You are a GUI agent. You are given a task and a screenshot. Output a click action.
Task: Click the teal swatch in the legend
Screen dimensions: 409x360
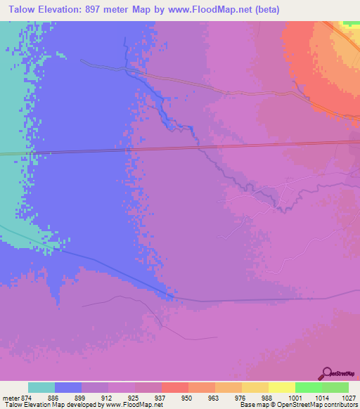pos(41,387)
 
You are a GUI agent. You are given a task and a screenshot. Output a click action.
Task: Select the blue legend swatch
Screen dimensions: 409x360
pos(68,387)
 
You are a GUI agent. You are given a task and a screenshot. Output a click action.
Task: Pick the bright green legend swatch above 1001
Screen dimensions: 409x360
pos(309,387)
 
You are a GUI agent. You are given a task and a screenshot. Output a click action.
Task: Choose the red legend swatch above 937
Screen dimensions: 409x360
pos(175,387)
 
